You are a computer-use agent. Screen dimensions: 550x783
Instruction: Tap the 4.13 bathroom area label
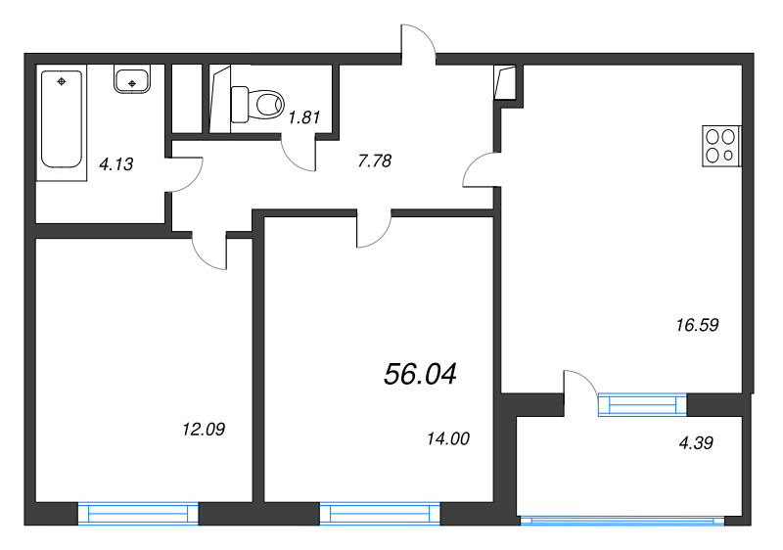[115, 164]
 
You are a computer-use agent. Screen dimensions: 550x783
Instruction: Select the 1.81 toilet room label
[304, 119]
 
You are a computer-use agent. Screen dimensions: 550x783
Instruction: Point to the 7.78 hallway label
[375, 161]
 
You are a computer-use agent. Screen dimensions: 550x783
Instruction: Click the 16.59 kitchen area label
[698, 326]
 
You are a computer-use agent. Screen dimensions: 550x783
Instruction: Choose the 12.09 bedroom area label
[204, 428]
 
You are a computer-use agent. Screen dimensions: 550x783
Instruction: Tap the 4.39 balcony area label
[695, 442]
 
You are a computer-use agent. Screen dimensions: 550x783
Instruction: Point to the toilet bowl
[257, 102]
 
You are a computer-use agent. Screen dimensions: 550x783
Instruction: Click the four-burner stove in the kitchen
[722, 146]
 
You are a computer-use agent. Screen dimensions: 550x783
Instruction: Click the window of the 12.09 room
[138, 514]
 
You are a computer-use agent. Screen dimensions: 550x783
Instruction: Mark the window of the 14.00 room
[380, 514]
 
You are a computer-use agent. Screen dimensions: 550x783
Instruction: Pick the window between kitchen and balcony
[642, 403]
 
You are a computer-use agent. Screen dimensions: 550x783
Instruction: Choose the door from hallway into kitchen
[479, 172]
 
